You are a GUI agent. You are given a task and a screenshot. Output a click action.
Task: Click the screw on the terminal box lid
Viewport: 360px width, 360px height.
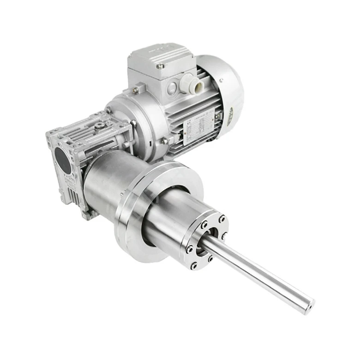(161, 66)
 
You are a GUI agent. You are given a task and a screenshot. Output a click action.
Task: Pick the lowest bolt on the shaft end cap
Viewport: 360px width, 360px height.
(193, 265)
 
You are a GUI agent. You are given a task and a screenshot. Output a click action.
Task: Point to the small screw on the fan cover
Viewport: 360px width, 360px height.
(221, 81)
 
